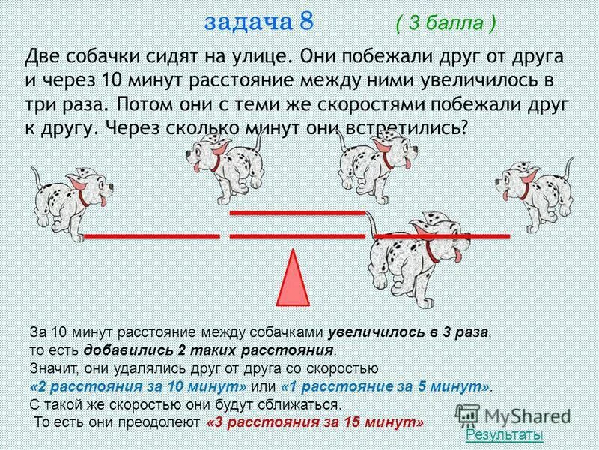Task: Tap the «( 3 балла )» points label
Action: [x=445, y=23]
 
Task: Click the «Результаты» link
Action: [x=504, y=435]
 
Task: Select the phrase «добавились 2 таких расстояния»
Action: [x=209, y=350]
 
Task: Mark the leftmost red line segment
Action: [x=150, y=236]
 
